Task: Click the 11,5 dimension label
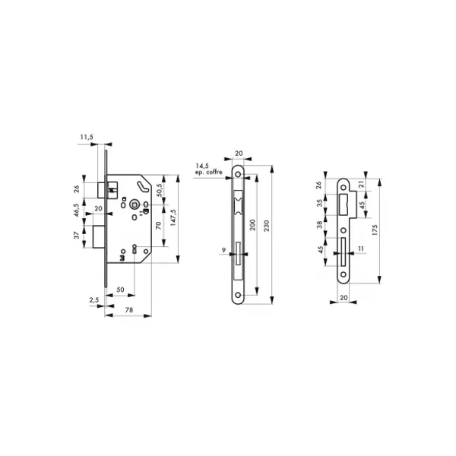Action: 87,137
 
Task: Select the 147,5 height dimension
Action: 173,217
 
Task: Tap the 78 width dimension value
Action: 129,310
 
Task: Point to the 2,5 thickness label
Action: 94,300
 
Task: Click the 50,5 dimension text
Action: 160,190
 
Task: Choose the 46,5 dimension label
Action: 77,210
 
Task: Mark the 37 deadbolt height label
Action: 77,236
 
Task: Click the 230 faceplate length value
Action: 267,226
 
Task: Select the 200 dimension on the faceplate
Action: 252,225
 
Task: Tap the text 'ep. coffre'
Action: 208,173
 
